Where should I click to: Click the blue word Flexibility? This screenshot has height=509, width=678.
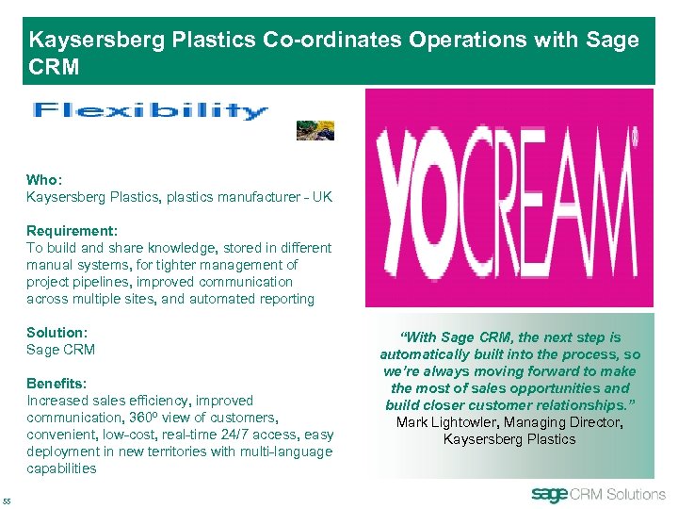coord(151,111)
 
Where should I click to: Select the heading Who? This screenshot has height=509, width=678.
coord(43,179)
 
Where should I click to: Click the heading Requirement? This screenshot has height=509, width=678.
coord(72,231)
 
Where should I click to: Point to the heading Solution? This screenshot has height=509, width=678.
coord(56,333)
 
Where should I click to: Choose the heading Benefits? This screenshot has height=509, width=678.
coord(56,384)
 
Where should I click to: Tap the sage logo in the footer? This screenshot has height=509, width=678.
coord(550,495)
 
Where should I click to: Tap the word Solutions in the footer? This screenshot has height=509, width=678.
coord(636,495)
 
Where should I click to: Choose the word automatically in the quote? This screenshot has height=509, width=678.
coord(424,354)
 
